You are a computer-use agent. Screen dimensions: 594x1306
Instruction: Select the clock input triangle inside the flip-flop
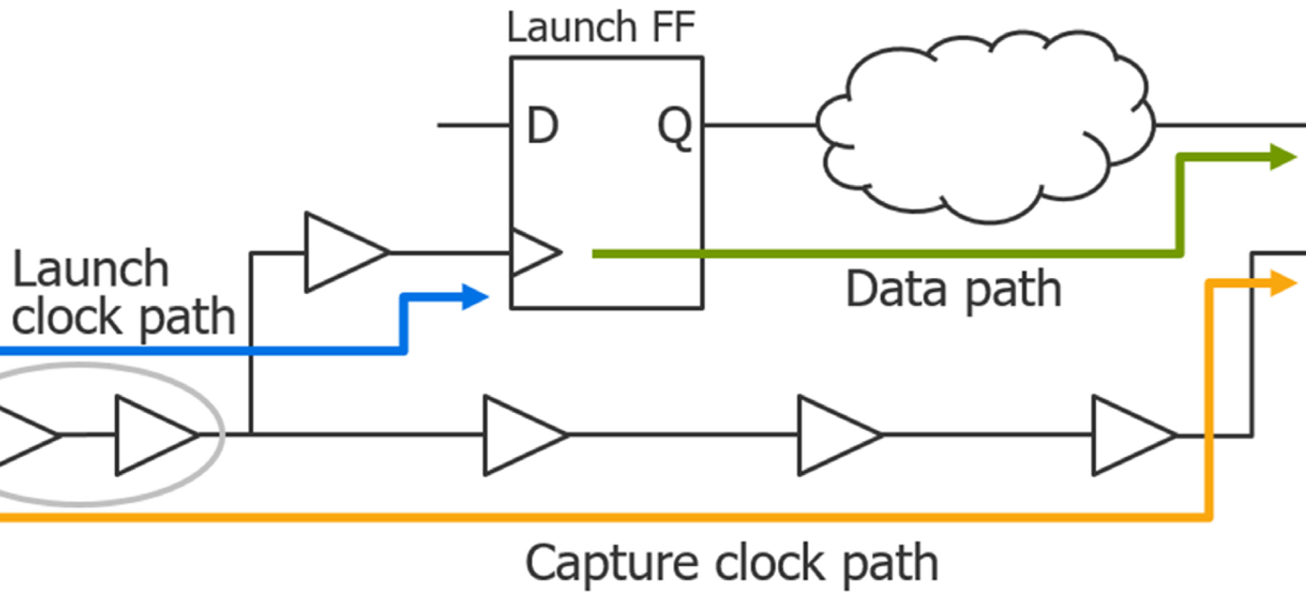[x=534, y=252]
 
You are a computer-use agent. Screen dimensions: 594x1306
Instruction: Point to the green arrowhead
[x=1282, y=157]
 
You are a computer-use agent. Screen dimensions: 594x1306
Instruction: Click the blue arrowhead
[x=474, y=297]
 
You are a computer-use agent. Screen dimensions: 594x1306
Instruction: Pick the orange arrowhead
[x=1282, y=284]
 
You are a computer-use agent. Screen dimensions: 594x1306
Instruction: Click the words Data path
[x=953, y=290]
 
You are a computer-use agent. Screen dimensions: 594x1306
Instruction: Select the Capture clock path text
[x=731, y=563]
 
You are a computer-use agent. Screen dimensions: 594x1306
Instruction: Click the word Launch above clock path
[x=90, y=270]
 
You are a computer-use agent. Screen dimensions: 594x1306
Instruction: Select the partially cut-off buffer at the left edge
[x=26, y=434]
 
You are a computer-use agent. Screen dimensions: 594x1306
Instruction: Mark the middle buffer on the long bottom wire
[x=835, y=434]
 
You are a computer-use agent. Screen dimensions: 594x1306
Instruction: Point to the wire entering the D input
[x=473, y=126]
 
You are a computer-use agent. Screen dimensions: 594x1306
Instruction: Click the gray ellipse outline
[x=223, y=434]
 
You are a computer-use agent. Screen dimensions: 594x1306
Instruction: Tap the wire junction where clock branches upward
[x=252, y=434]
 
